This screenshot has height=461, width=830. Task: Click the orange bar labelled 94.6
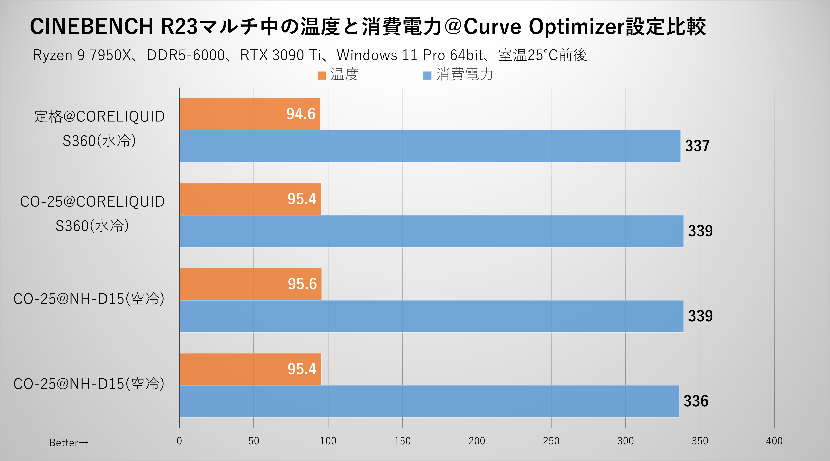[x=250, y=114]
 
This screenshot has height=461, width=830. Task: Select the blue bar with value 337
[x=430, y=146]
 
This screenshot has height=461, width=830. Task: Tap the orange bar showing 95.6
[x=250, y=284]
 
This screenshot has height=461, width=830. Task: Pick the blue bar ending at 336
[x=429, y=401]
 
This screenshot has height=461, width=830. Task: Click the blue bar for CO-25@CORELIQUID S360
[x=431, y=231]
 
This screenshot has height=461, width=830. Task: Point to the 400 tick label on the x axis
[x=774, y=441]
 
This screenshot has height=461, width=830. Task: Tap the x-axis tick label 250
[x=551, y=441]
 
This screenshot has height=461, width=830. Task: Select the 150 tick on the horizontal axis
[x=402, y=441]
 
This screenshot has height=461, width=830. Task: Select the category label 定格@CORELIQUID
[x=100, y=117]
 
